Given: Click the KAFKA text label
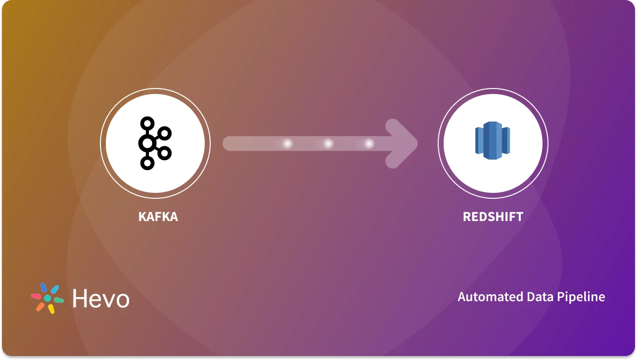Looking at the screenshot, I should point(158,217).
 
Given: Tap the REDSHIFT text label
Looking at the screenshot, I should point(493,217).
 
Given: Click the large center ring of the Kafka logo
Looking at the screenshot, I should point(146,143).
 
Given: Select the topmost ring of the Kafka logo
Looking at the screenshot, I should point(147,123).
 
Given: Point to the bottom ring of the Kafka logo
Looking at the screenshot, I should point(147,163).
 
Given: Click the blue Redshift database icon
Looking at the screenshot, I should point(493,143).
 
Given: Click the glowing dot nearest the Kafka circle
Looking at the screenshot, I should point(287,143).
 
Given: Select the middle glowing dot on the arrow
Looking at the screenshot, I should point(328,143).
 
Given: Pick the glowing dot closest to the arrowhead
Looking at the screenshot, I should point(369,143).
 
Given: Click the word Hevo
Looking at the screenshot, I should point(101,299).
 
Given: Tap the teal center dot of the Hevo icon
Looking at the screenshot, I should point(47,299).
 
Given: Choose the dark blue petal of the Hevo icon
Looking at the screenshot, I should point(44,287).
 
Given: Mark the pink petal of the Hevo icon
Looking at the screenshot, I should point(36,296).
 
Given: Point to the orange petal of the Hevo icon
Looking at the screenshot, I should point(40,307).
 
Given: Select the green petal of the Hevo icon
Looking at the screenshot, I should point(59,300).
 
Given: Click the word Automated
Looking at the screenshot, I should point(487,297).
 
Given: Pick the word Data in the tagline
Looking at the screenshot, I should point(537,297).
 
